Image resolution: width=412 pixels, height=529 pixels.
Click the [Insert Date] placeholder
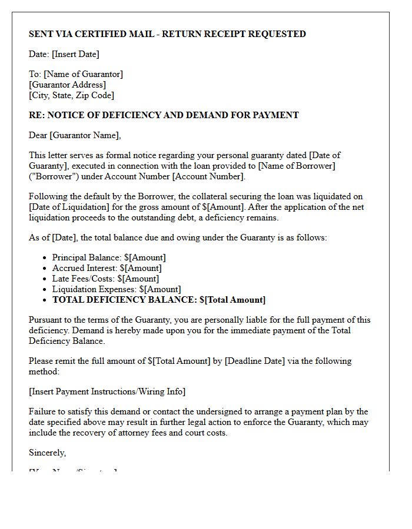[x=75, y=54]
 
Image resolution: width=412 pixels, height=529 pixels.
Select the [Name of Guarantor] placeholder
[x=83, y=74]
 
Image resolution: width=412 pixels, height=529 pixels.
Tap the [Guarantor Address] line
[x=67, y=85]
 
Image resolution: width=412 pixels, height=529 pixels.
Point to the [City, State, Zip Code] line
[x=71, y=95]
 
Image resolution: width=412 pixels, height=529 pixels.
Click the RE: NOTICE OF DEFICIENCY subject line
[x=164, y=115]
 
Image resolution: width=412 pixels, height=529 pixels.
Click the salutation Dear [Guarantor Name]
[x=75, y=135]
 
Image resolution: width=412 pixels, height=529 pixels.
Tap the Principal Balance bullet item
[x=109, y=257]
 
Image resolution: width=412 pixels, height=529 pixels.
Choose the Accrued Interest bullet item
[x=107, y=268]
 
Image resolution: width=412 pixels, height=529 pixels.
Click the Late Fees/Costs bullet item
[x=105, y=279]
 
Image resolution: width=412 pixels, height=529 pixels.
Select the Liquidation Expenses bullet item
[x=117, y=289]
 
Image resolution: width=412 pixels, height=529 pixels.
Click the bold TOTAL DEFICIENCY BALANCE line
[x=159, y=300]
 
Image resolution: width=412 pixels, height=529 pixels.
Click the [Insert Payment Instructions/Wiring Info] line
[x=107, y=391]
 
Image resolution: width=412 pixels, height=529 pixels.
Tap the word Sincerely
[x=48, y=453]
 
